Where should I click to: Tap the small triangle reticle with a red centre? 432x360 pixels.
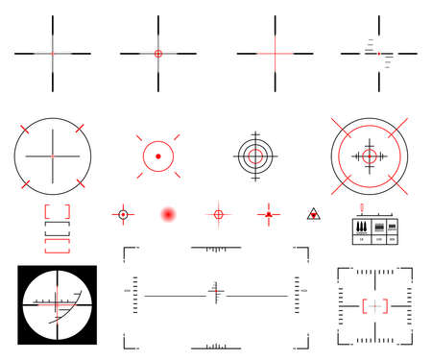[313, 214]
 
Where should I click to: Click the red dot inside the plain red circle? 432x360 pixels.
[158, 154]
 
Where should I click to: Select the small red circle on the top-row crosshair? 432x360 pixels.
[158, 53]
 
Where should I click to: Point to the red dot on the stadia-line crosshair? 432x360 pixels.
[379, 52]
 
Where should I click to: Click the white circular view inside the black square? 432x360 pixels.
[56, 302]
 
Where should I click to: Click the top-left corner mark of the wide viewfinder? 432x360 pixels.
[129, 252]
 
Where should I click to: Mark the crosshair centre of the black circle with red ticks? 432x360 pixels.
[53, 154]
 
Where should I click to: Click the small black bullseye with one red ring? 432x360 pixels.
[254, 154]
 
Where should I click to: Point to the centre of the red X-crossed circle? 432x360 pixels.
[369, 154]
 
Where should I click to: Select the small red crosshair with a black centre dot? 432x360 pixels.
[123, 214]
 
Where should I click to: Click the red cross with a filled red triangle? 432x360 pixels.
[269, 214]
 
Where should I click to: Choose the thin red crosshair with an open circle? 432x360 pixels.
[218, 214]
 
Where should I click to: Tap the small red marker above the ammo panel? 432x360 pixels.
[362, 207]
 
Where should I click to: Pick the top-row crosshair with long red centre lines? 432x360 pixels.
[273, 53]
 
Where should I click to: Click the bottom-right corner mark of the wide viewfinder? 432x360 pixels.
[304, 341]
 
